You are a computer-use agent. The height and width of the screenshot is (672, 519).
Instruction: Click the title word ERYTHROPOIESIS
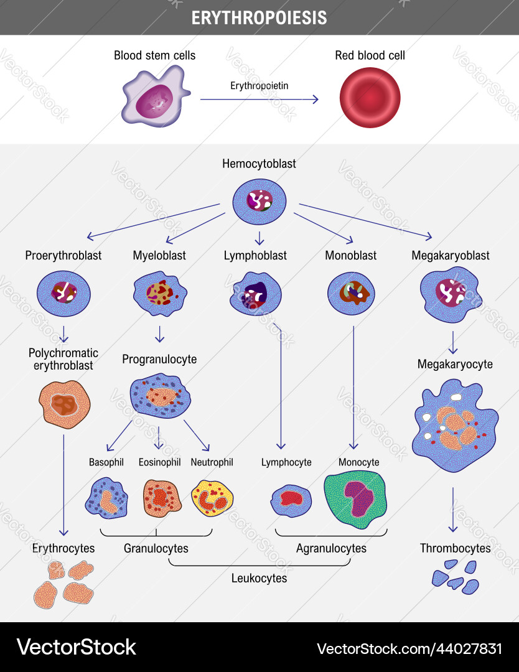[259, 17]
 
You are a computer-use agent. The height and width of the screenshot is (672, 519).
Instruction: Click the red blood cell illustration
[370, 98]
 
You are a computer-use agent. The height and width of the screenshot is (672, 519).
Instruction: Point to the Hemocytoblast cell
[259, 202]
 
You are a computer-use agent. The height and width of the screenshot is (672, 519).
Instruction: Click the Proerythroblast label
[63, 255]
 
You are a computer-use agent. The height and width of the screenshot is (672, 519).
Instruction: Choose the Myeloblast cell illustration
[160, 293]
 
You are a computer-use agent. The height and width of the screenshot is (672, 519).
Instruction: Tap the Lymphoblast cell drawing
[256, 294]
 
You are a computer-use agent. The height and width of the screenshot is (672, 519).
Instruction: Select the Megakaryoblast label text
[451, 255]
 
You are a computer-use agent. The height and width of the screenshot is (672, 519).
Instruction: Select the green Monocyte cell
[355, 496]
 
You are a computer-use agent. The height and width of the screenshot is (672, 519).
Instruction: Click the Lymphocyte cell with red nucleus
[291, 499]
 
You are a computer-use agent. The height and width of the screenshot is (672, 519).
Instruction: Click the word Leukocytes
[259, 578]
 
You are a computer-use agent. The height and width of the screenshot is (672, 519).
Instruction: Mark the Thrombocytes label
[455, 548]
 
